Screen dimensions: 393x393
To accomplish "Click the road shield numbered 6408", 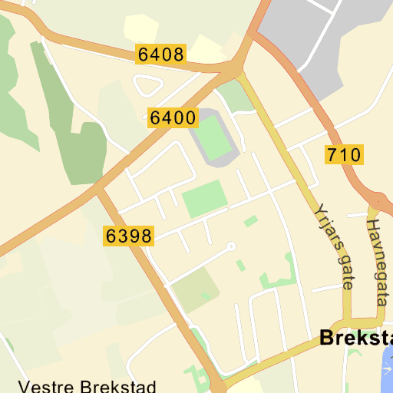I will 161,54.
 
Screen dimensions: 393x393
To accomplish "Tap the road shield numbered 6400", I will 173,118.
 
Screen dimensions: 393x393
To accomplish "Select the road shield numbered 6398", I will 129,236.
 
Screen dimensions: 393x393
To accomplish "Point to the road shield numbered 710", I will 343,155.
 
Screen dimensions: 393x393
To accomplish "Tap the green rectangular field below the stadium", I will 205,197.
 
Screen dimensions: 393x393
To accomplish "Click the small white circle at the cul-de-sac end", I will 230,246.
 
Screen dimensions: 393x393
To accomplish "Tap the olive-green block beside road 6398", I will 194,288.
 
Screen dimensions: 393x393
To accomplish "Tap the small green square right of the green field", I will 251,222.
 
